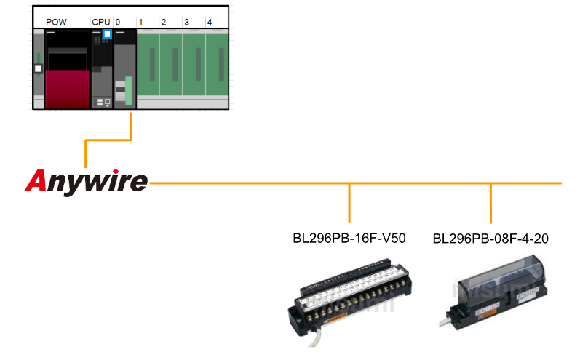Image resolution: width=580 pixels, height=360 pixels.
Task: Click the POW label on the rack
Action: (56, 23)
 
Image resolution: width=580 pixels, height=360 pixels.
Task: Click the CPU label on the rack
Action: (100, 23)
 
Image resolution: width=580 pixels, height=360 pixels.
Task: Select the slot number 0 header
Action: (118, 23)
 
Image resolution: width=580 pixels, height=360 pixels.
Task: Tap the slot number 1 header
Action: (140, 23)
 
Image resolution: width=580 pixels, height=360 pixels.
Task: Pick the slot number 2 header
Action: (163, 23)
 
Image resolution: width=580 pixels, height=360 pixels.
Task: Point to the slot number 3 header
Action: (186, 23)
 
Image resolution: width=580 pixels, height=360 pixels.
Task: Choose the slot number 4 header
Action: (210, 23)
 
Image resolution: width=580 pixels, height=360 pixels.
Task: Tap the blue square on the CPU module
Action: (107, 34)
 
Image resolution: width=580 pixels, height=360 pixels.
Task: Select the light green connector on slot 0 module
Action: (129, 90)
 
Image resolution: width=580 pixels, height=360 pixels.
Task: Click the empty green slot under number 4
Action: (218, 65)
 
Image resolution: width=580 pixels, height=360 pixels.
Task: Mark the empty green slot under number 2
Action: (172, 65)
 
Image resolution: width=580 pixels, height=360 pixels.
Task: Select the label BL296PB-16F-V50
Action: (349, 238)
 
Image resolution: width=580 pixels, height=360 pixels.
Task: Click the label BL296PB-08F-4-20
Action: (491, 238)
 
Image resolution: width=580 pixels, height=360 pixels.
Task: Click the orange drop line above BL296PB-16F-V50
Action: (350, 203)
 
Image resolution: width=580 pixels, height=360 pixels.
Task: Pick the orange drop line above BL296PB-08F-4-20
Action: (491, 203)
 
